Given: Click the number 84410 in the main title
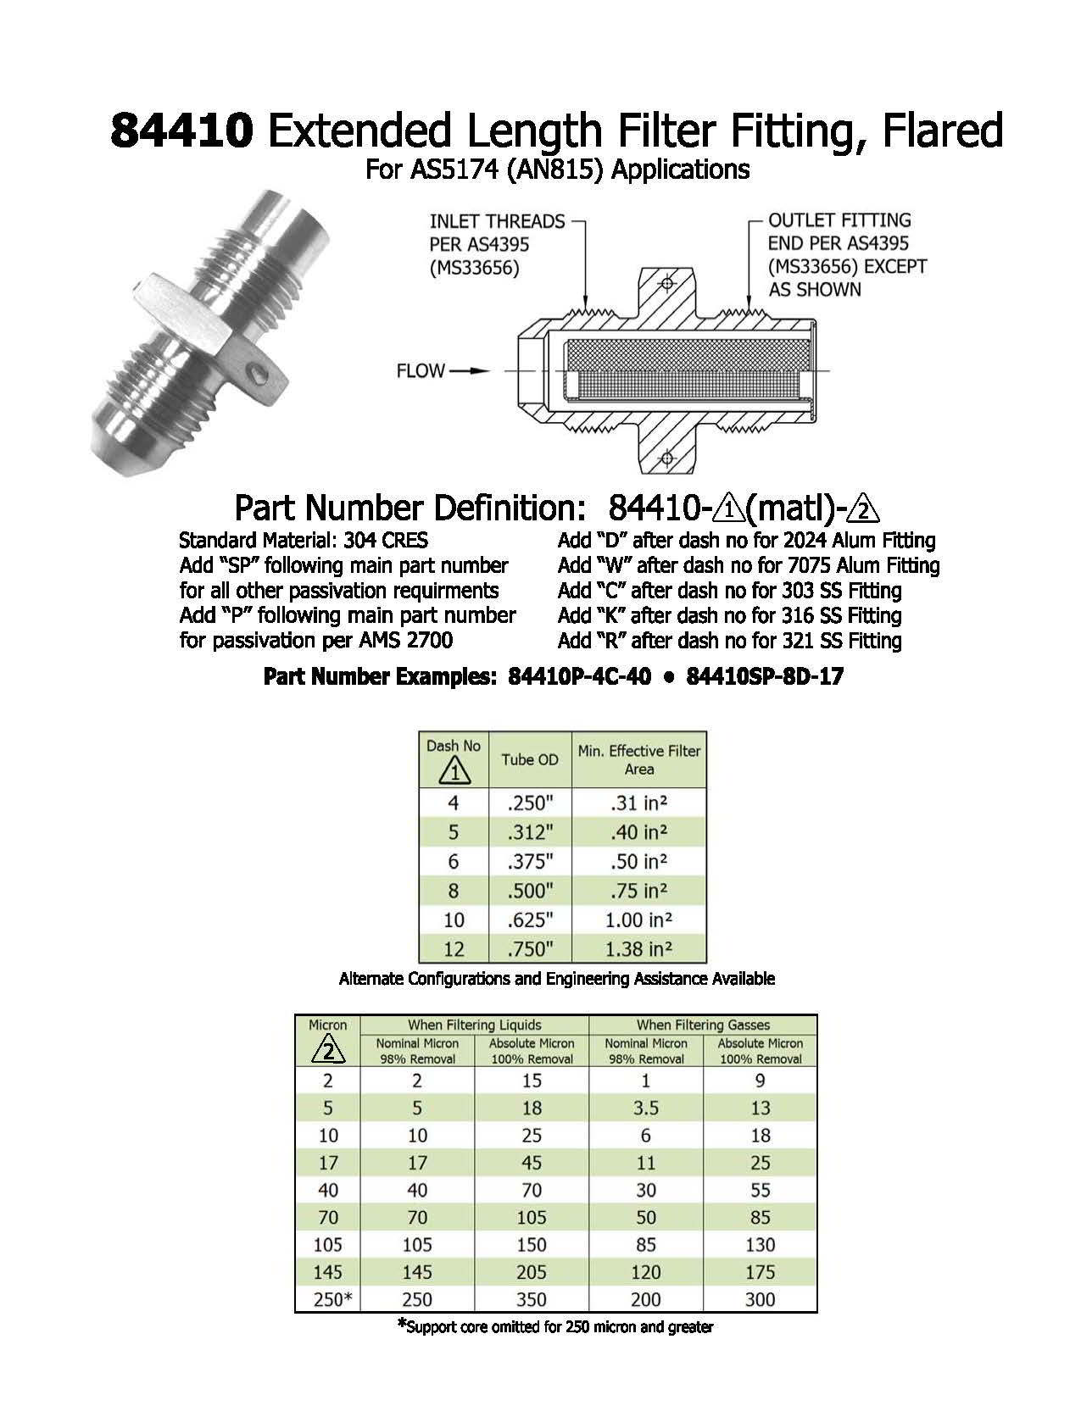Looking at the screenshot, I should pyautogui.click(x=181, y=131).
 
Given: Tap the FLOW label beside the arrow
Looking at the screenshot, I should pyautogui.click(x=420, y=371).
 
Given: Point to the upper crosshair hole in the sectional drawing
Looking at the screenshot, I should pyautogui.click(x=666, y=283).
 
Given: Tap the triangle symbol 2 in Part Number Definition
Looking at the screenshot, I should pyautogui.click(x=864, y=510).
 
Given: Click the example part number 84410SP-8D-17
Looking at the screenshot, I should pyautogui.click(x=764, y=677).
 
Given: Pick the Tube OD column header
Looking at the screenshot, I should pyautogui.click(x=530, y=759).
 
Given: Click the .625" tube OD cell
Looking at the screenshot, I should pyautogui.click(x=530, y=920).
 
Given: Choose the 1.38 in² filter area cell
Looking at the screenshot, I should pyautogui.click(x=639, y=949).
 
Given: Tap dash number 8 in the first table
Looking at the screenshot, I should pyautogui.click(x=454, y=891).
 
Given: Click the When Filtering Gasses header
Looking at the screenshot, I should pyautogui.click(x=703, y=1025).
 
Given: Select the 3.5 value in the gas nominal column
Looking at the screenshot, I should pyautogui.click(x=646, y=1108).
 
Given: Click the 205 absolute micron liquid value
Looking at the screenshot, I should pyautogui.click(x=532, y=1272).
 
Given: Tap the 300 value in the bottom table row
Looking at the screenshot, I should pyautogui.click(x=761, y=1299).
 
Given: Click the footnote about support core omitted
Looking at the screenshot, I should pyautogui.click(x=555, y=1327).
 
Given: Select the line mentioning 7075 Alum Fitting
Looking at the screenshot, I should pyautogui.click(x=748, y=565).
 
